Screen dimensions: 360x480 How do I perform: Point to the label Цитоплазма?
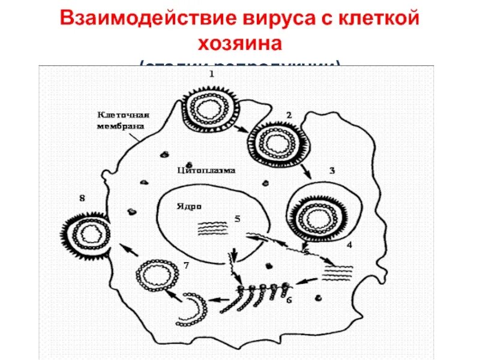(206, 170)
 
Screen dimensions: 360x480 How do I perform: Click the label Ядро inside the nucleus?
(188, 205)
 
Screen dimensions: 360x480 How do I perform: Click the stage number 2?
(289, 114)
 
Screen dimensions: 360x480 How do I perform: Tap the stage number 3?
(331, 170)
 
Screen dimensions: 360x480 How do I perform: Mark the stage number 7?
(186, 265)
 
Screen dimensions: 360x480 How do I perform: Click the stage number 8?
(82, 197)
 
